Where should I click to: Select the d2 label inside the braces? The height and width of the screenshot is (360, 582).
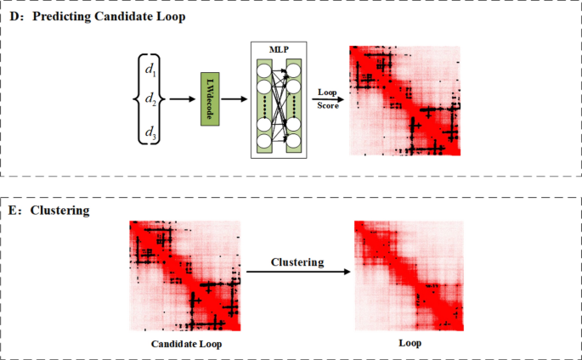pyautogui.click(x=150, y=98)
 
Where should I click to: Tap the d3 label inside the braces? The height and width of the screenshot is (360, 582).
pyautogui.click(x=150, y=132)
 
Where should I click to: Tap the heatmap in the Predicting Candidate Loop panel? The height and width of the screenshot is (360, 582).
pyautogui.click(x=404, y=100)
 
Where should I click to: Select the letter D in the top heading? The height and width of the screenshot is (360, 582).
pyautogui.click(x=14, y=16)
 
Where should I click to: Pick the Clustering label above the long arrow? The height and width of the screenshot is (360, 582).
pyautogui.click(x=297, y=262)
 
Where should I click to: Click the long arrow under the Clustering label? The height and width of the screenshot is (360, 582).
pyautogui.click(x=297, y=273)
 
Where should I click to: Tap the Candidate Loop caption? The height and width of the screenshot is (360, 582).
pyautogui.click(x=186, y=345)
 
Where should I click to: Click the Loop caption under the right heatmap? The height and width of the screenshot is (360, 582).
pyautogui.click(x=410, y=345)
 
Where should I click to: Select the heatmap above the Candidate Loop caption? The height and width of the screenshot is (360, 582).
pyautogui.click(x=185, y=275)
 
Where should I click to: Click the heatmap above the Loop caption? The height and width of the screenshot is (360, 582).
pyautogui.click(x=410, y=275)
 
